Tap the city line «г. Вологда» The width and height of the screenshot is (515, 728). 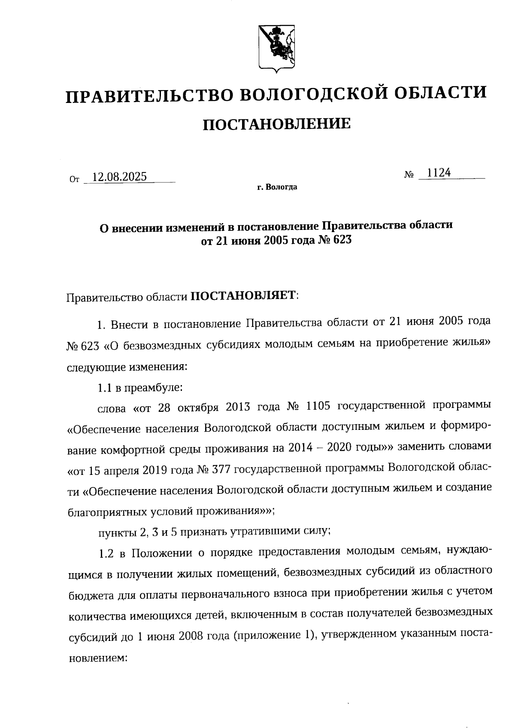[x=277, y=187]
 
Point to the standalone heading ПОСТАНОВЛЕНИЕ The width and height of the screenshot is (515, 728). [x=276, y=124]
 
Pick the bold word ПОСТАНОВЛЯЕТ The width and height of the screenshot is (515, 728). [x=243, y=296]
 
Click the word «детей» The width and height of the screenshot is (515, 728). [x=209, y=616]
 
